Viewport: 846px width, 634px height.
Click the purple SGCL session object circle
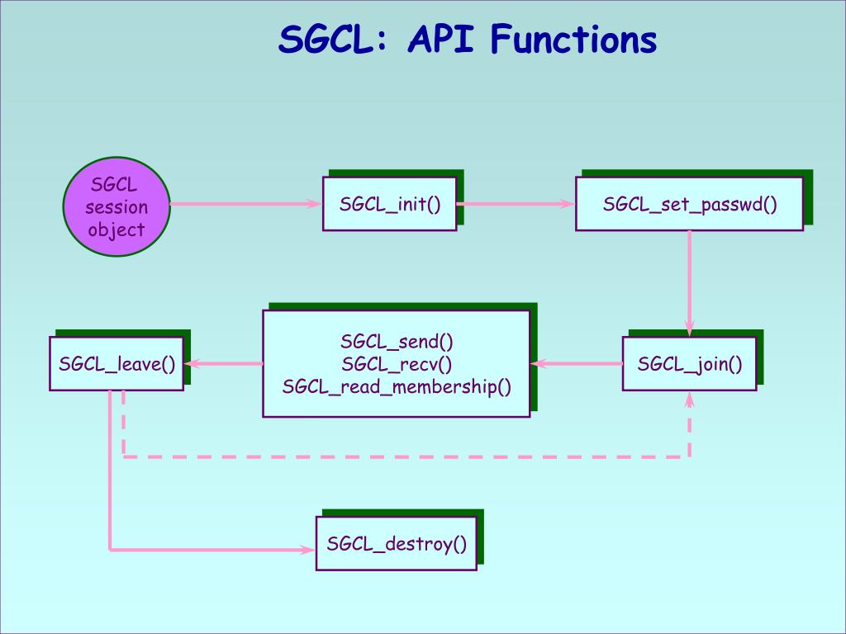click(x=116, y=206)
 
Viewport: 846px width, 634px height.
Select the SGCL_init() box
click(x=389, y=204)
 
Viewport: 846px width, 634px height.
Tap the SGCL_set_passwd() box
click(x=689, y=204)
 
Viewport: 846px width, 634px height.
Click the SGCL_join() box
click(x=689, y=363)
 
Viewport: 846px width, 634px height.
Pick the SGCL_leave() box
click(x=116, y=363)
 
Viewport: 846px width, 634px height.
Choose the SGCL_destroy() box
click(x=397, y=543)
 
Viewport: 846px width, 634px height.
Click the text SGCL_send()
click(x=397, y=341)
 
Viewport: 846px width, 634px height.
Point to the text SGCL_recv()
click(x=397, y=363)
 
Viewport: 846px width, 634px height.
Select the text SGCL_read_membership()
click(x=397, y=386)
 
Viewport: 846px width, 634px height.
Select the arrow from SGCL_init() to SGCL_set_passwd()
click(x=516, y=204)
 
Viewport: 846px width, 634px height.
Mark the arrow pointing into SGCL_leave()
click(x=223, y=363)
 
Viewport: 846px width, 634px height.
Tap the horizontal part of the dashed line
click(x=405, y=456)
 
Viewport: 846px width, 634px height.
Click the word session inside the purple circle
click(x=116, y=206)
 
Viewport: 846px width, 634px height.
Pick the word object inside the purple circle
click(x=116, y=229)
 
